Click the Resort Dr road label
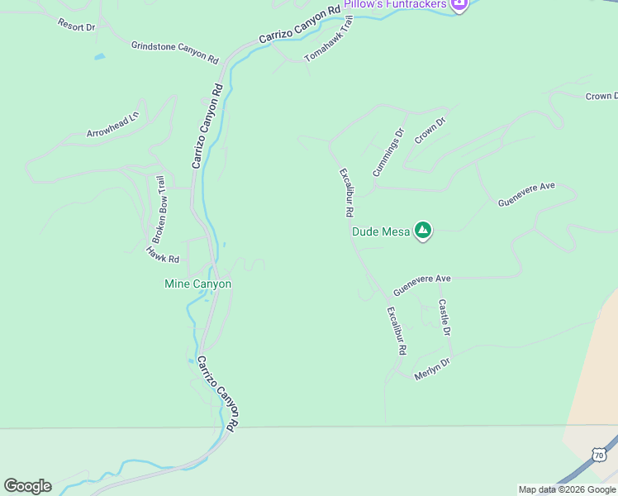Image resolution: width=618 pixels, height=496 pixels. tap(76, 26)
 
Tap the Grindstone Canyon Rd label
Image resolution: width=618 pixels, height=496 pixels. tap(174, 52)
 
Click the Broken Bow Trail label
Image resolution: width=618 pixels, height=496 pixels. tap(161, 207)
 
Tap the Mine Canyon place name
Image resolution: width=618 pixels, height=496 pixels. tap(198, 284)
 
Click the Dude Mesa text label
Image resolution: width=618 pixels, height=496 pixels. tap(381, 231)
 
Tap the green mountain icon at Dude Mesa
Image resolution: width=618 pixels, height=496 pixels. tap(423, 231)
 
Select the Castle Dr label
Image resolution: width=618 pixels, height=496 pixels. tap(444, 317)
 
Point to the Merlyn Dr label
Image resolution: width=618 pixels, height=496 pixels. tap(432, 368)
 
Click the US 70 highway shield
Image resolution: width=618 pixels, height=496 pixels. tap(599, 455)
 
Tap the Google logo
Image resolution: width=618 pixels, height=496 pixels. tap(27, 486)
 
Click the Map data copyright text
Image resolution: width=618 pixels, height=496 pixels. tap(567, 489)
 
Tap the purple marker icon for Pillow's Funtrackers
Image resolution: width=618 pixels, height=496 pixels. tap(459, 4)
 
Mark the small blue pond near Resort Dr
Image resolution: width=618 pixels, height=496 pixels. tap(100, 57)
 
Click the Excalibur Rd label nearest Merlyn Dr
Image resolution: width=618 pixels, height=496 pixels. tap(397, 331)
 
